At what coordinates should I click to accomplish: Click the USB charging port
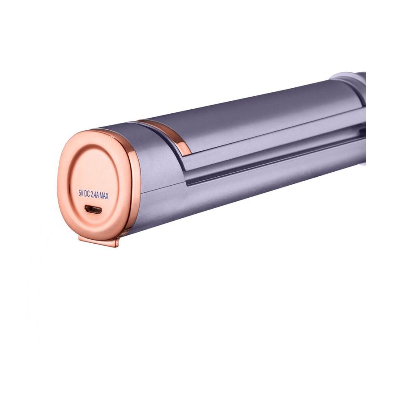(94, 209)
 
